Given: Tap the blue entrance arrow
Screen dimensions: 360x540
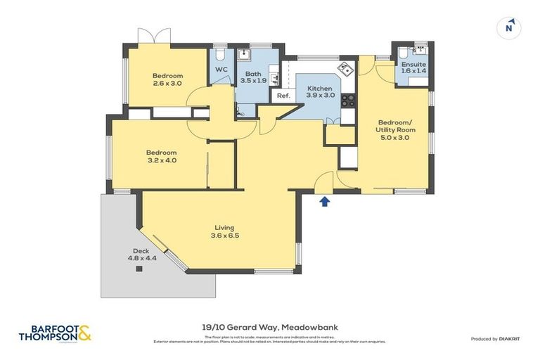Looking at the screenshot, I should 324,202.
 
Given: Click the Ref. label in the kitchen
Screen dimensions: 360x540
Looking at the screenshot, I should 283,96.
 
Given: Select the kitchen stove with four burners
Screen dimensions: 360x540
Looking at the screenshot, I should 347,100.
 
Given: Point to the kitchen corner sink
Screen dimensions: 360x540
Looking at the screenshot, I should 345,69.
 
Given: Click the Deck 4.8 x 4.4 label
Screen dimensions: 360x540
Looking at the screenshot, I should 141,255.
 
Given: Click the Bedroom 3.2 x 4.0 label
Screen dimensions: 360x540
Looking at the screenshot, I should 161,156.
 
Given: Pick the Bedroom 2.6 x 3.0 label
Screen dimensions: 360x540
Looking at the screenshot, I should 168,79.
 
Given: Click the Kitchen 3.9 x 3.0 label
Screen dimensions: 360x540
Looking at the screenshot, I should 320,92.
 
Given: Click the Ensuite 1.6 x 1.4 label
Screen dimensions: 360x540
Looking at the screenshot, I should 414,67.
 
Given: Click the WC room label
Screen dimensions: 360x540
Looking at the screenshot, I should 221,69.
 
